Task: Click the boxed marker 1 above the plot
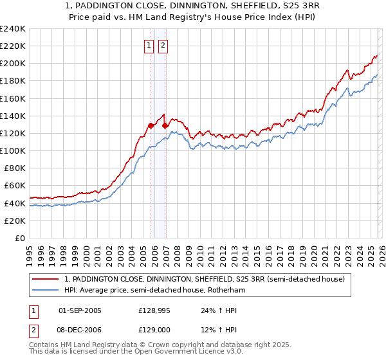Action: pos(149,45)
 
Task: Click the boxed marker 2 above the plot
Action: pos(163,45)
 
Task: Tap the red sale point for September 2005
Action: pos(151,126)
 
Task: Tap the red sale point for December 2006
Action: pos(165,126)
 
